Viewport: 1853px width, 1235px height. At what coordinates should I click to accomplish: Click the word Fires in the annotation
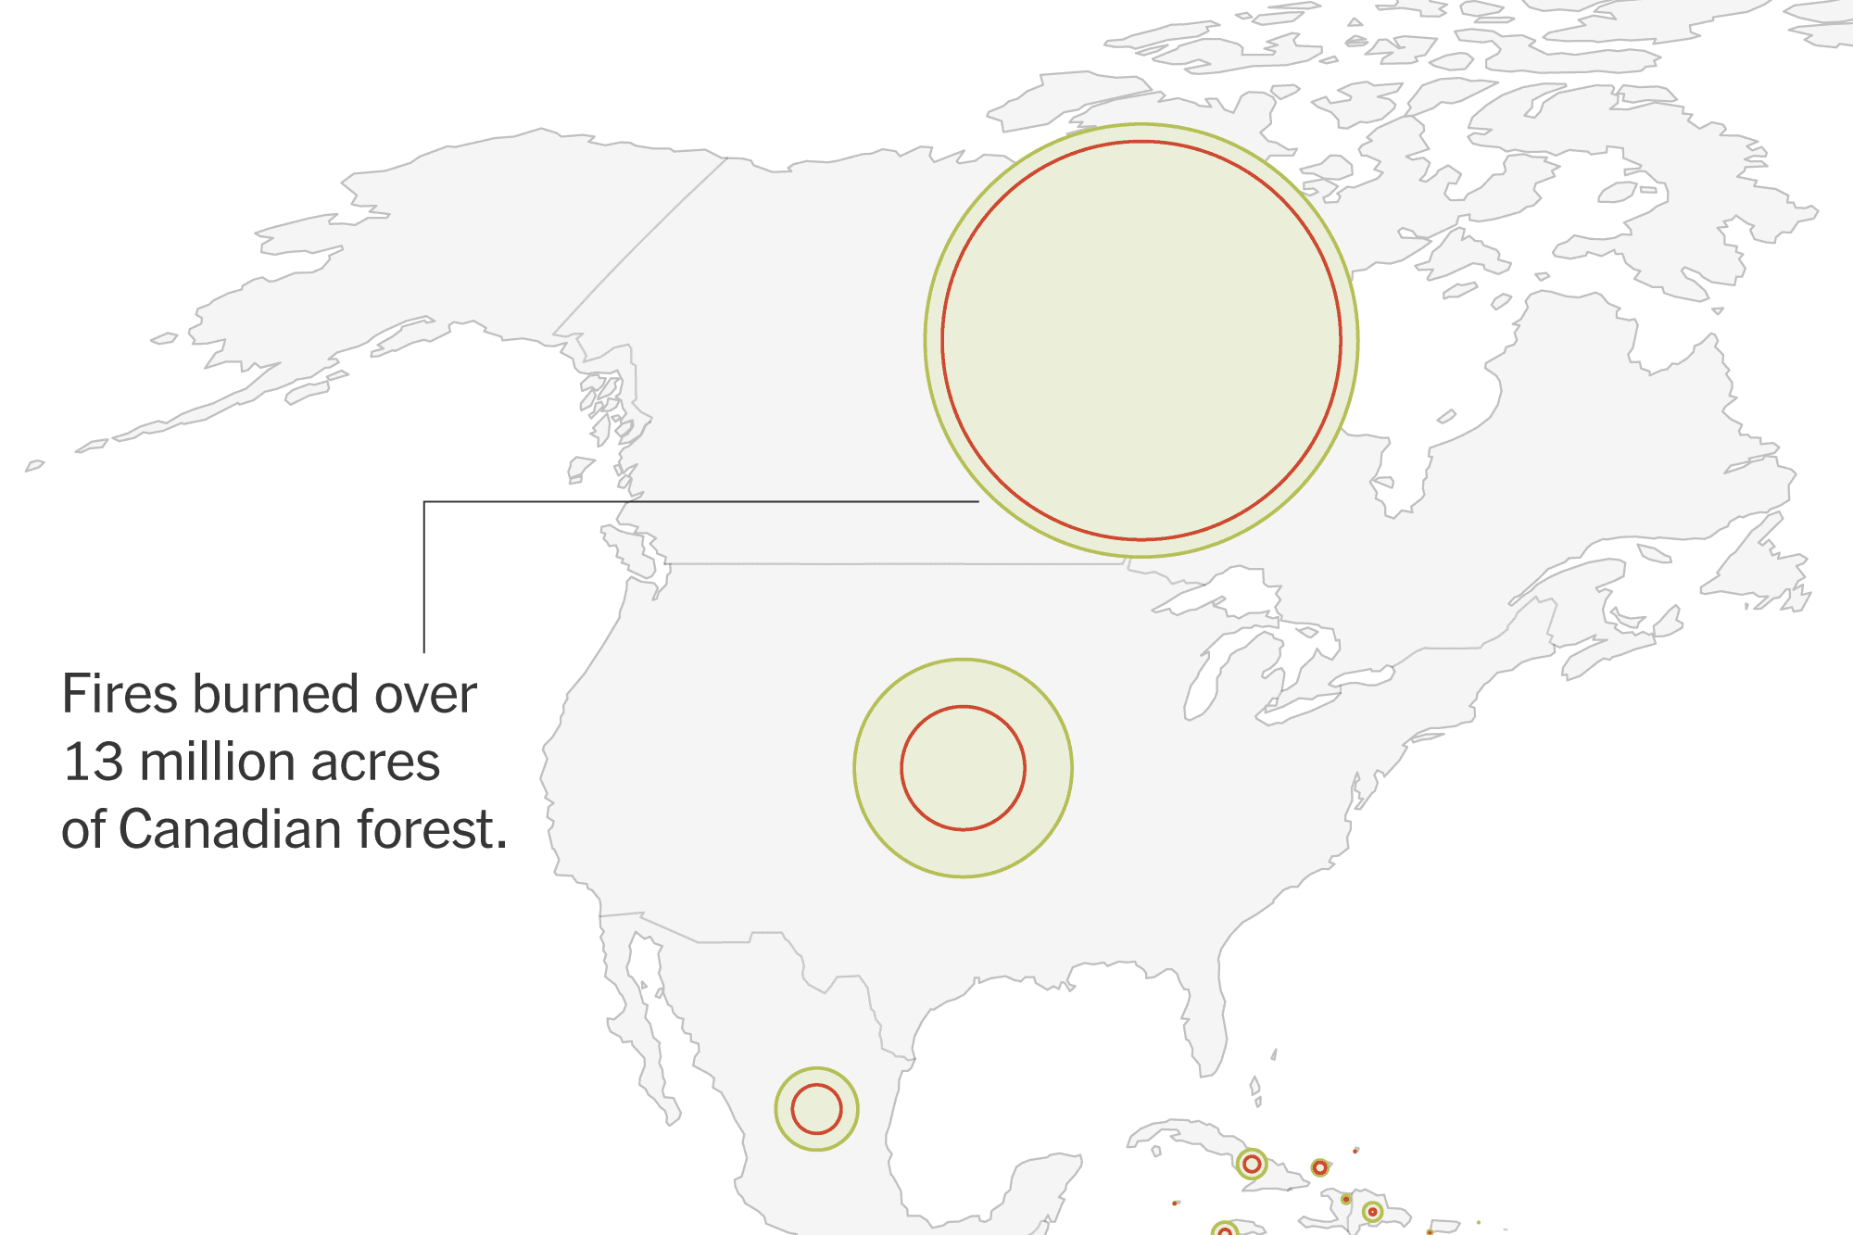click(x=125, y=695)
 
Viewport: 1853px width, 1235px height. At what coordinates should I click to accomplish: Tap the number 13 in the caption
click(x=93, y=762)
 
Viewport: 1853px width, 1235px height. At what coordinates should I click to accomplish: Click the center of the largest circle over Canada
click(x=1141, y=340)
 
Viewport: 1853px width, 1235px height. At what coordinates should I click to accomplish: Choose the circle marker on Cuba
click(x=1252, y=1164)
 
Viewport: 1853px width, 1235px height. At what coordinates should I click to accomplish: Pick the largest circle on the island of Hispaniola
click(x=1372, y=1212)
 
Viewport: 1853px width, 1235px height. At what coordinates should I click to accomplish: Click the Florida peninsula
click(x=1204, y=1028)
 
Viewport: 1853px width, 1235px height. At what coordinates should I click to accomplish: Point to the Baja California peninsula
click(x=649, y=1019)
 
